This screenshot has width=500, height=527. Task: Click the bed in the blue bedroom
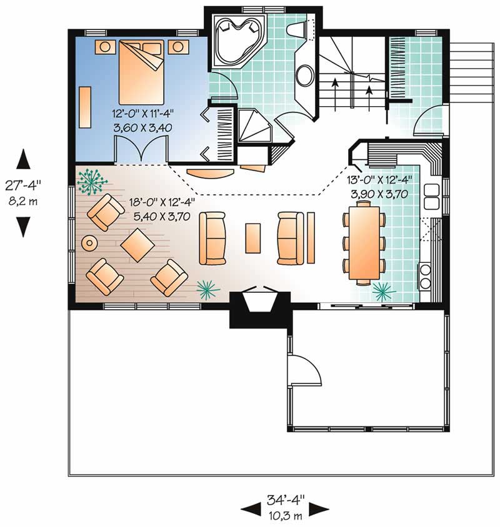(x=141, y=72)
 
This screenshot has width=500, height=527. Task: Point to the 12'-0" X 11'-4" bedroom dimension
(x=142, y=114)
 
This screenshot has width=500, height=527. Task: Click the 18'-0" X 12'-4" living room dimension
(x=162, y=202)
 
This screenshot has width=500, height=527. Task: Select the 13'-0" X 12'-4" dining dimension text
(x=379, y=180)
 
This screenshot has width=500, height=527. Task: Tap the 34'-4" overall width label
(x=286, y=500)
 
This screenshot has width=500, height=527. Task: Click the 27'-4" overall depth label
(x=23, y=185)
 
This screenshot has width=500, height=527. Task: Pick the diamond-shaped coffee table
(x=137, y=245)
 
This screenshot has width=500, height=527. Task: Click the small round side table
(x=89, y=242)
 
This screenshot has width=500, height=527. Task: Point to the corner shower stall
(x=254, y=126)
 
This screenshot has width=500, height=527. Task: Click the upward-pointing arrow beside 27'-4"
(x=24, y=159)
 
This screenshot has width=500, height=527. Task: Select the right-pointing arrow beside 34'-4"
(x=319, y=510)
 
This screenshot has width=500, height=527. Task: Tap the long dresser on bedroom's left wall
(x=85, y=107)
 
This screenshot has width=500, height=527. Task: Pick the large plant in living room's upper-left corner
(x=91, y=182)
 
